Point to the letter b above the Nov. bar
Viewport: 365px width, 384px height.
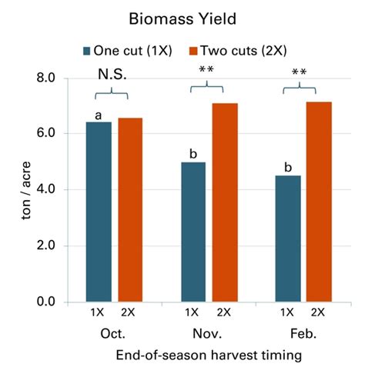click(x=193, y=154)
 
